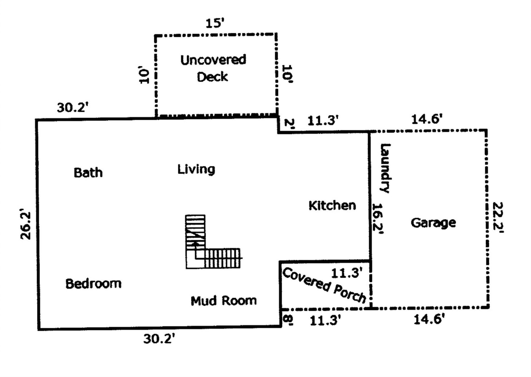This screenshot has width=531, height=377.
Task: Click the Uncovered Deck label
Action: (213, 68)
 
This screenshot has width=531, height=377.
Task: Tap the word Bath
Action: (88, 173)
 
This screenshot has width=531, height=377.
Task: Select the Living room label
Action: (196, 169)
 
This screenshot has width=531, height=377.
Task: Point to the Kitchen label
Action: (332, 206)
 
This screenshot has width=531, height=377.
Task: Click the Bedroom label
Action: (93, 284)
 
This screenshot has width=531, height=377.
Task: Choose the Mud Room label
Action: (223, 301)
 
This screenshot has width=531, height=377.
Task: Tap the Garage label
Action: (433, 223)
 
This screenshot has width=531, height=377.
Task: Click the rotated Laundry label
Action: (385, 168)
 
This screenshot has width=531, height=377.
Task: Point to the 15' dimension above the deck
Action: (215, 23)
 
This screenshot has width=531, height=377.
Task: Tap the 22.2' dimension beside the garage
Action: (498, 218)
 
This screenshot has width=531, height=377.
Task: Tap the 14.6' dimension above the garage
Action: (427, 119)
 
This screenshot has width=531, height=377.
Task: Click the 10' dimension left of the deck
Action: (144, 75)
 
